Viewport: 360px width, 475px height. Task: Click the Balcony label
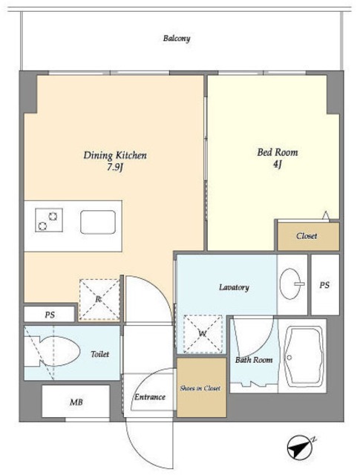(x=177, y=39)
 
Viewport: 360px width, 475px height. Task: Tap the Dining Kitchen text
(x=115, y=155)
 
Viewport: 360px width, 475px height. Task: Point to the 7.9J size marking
(x=115, y=167)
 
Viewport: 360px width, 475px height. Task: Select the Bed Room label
(x=278, y=152)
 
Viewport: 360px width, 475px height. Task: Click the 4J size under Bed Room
(x=278, y=165)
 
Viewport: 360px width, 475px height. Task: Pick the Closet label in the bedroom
(x=307, y=236)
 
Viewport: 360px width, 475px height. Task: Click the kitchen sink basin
(x=98, y=222)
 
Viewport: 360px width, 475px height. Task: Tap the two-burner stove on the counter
(x=49, y=220)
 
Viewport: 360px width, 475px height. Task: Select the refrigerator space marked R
(x=99, y=300)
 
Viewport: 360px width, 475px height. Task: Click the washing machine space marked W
(x=203, y=334)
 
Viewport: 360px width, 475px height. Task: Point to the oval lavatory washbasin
(x=291, y=284)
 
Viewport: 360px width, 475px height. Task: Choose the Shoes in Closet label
(x=200, y=388)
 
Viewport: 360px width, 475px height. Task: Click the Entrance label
(x=150, y=397)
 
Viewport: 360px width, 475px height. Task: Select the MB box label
(x=76, y=402)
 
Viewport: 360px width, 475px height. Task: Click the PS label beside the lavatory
(x=324, y=285)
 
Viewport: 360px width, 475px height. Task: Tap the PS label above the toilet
(x=50, y=315)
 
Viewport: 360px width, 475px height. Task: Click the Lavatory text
(x=234, y=287)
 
